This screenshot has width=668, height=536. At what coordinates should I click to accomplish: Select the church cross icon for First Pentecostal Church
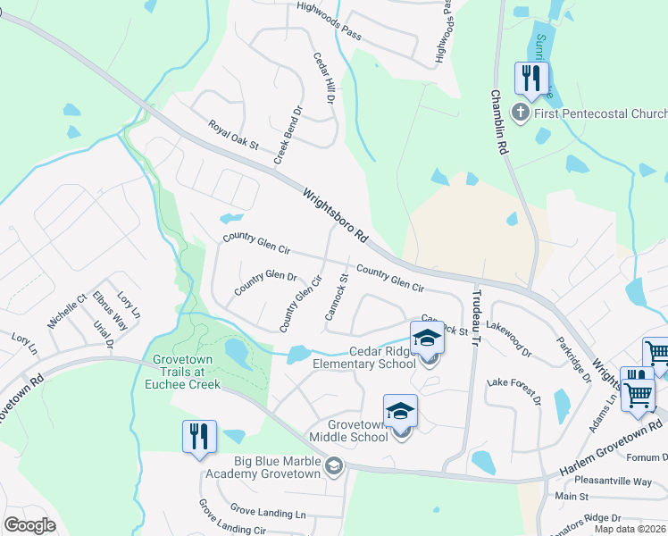click(x=519, y=113)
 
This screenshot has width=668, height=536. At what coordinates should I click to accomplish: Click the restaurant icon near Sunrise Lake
click(x=532, y=78)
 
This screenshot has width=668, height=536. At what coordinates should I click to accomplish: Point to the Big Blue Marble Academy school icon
click(x=333, y=465)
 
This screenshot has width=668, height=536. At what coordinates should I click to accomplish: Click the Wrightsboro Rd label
click(x=335, y=216)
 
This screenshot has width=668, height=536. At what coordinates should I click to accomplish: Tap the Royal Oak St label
click(x=232, y=134)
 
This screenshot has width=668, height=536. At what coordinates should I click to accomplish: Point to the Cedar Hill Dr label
click(x=322, y=77)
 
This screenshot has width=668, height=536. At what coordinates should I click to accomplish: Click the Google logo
click(x=29, y=525)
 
